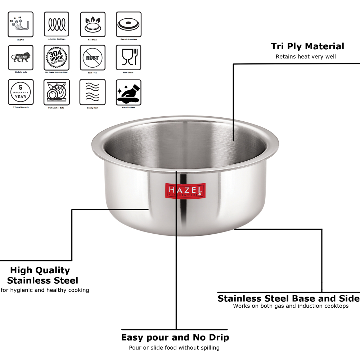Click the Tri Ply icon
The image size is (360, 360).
21,24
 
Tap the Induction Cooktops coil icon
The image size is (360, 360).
57,24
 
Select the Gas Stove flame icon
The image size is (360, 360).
93,24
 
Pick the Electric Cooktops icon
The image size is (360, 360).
129,24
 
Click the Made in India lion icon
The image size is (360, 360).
21,58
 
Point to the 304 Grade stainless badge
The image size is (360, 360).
57,58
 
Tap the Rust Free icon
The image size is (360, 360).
93,58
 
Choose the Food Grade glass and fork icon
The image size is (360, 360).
129,58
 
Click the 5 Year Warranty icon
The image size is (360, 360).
21,92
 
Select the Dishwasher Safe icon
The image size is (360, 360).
57,92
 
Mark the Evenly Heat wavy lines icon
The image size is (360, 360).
93,92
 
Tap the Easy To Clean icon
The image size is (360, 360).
129,92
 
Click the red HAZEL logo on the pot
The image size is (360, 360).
185,190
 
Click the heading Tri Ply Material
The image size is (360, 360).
307,46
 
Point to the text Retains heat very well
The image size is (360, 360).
306,57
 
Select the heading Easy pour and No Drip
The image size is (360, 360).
175,337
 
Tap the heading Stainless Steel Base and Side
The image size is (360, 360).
288,298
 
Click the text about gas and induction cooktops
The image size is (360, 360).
291,306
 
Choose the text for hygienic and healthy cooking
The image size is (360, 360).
45,290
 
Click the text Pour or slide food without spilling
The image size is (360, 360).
174,347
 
